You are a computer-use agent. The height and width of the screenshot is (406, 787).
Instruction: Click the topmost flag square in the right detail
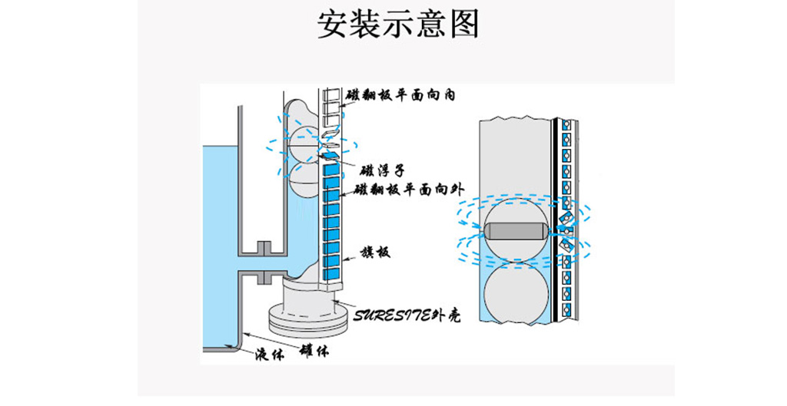pyautogui.click(x=566, y=124)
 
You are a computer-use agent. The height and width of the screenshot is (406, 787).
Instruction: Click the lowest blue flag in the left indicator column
pyautogui.click(x=333, y=272)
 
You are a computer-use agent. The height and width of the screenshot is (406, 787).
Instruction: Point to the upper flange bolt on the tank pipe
pyautogui.click(x=263, y=247)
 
